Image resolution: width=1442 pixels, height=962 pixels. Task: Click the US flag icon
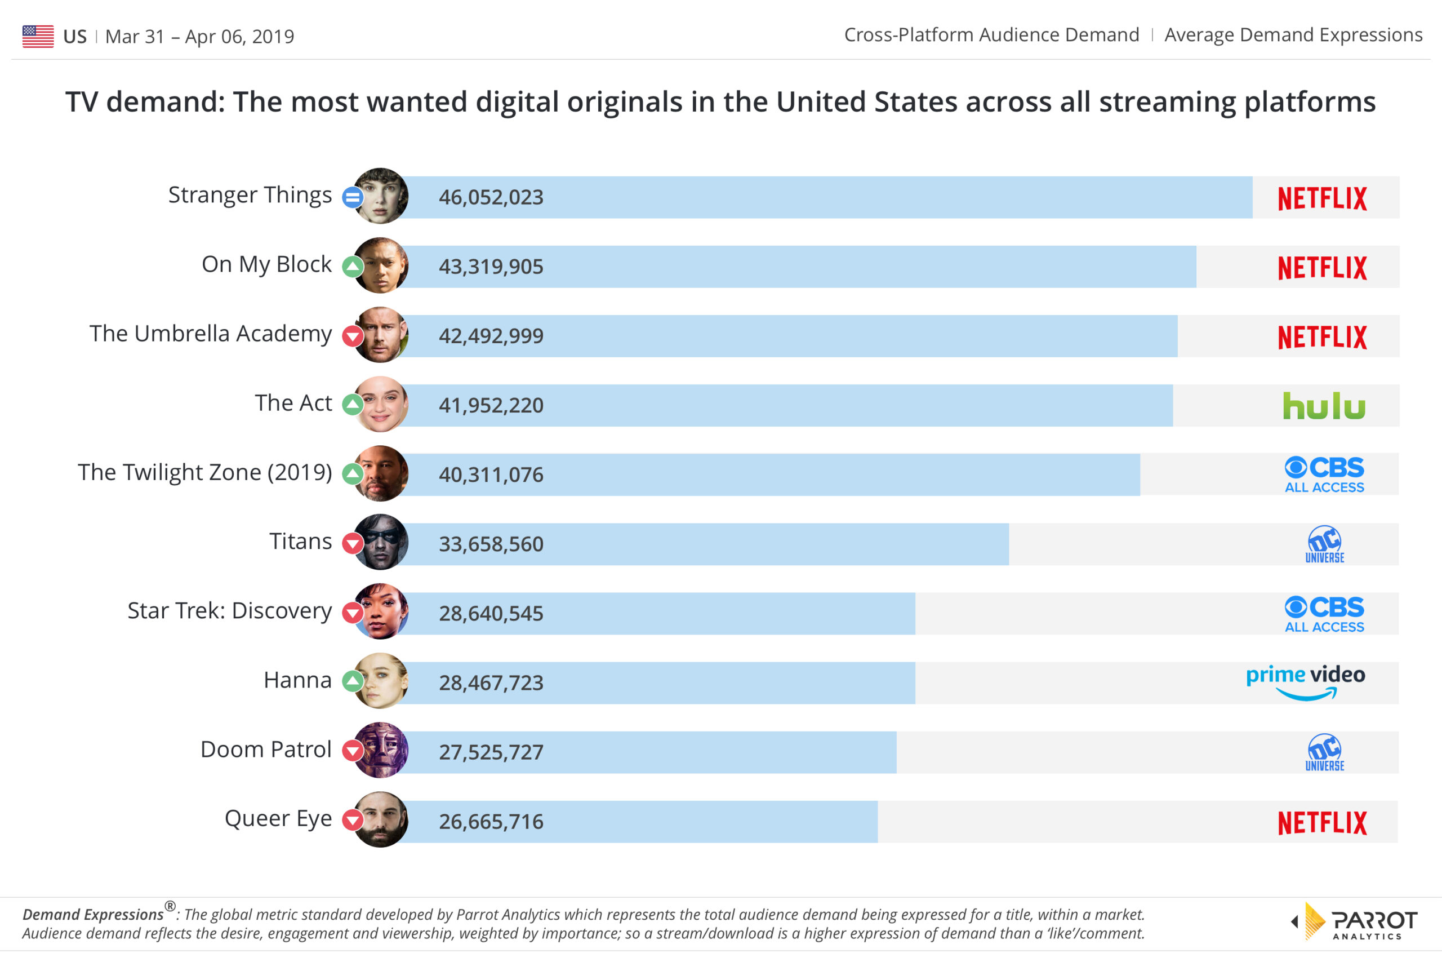[x=38, y=36]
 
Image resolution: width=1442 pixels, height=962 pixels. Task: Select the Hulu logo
[x=1324, y=406]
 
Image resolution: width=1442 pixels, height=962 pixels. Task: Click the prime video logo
[x=1305, y=681]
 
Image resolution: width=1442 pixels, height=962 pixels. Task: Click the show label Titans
[x=300, y=542]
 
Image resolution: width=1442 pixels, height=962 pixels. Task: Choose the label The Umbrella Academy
[x=210, y=334]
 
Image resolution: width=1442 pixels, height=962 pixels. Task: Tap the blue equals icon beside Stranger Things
[x=353, y=198]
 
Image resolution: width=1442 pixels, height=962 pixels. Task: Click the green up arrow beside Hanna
[x=353, y=681]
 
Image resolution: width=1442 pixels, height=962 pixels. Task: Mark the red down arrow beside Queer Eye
[x=353, y=819]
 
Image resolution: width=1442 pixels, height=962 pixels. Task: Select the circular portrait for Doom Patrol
[x=381, y=750]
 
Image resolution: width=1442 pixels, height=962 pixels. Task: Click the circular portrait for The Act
[x=381, y=404]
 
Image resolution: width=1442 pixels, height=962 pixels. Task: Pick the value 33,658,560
[x=491, y=544]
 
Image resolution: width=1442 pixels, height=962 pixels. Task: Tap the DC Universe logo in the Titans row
[x=1324, y=544]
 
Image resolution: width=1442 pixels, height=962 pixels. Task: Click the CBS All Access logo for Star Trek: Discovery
[x=1324, y=614]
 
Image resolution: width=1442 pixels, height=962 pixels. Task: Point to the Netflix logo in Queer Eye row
[x=1322, y=823]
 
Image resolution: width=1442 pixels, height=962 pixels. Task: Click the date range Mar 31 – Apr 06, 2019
[x=200, y=37]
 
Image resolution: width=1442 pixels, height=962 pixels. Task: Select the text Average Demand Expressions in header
[x=1293, y=35]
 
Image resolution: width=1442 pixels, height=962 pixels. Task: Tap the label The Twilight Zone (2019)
[x=205, y=472]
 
